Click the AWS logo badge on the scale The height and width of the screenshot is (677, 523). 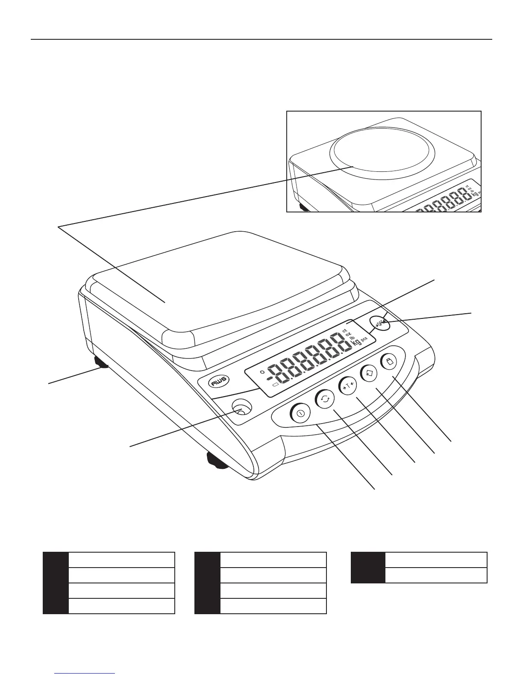pos(219,381)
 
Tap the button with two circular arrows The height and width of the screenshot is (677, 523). pos(325,400)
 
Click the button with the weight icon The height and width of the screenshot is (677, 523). pos(388,362)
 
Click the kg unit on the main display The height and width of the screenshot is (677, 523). pos(356,341)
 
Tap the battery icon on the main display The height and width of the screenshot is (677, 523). pos(275,386)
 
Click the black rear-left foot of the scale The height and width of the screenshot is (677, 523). pos(102,363)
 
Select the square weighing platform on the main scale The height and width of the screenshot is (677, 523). pos(222,282)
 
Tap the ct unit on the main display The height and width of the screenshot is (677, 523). pos(344,330)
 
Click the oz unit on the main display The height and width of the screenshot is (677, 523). pos(348,333)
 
